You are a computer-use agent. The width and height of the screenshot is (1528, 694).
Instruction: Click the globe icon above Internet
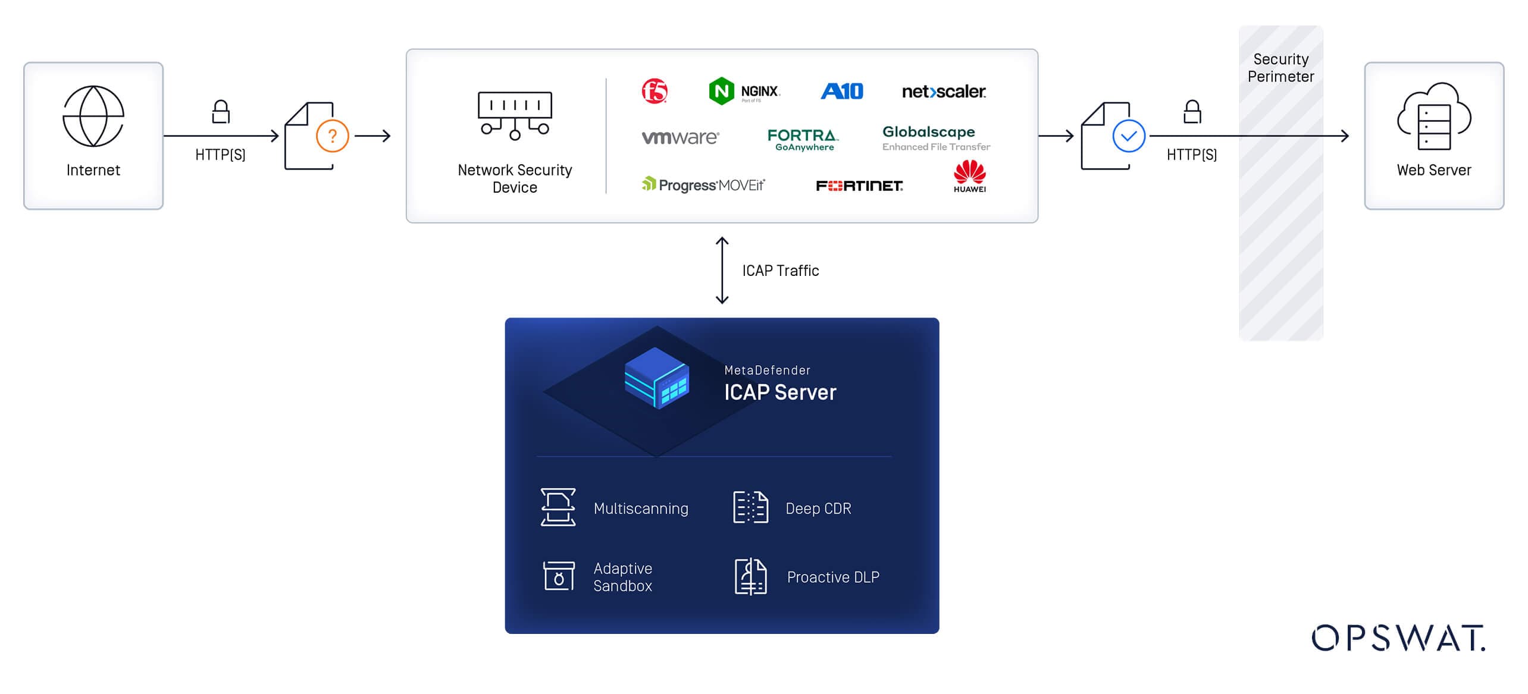point(93,116)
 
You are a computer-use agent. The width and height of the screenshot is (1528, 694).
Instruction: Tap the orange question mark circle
point(332,136)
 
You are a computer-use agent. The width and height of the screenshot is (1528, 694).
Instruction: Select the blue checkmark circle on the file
point(1129,136)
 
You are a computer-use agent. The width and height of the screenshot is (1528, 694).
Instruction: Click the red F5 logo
point(655,91)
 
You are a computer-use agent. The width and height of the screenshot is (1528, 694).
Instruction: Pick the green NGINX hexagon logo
point(721,91)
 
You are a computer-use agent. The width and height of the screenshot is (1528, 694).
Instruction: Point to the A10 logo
point(842,91)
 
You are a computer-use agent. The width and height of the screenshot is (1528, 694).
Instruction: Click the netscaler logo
point(944,92)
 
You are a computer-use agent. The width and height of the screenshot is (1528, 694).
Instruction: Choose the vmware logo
point(681,137)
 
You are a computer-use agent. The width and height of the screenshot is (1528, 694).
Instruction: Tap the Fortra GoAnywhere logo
point(803,140)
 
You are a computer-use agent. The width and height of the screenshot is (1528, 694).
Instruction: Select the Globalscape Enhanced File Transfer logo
point(936,138)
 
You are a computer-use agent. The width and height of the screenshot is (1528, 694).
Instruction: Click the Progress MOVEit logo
point(703,184)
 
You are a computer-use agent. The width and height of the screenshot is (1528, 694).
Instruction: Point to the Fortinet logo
point(859,186)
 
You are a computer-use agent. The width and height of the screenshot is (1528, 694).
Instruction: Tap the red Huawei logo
point(970,176)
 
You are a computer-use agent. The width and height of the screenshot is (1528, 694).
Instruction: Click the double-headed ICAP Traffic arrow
point(722,271)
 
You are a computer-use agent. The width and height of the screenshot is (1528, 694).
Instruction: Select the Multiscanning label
point(641,508)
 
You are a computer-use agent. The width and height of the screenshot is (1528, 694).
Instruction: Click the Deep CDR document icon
point(750,507)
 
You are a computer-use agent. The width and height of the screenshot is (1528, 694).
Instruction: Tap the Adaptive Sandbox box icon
point(559,576)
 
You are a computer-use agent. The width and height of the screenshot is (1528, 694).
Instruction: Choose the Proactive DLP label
point(833,577)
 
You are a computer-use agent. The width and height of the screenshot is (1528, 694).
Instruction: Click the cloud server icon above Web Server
point(1434,116)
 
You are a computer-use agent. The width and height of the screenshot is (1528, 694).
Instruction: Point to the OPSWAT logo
point(1399,638)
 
